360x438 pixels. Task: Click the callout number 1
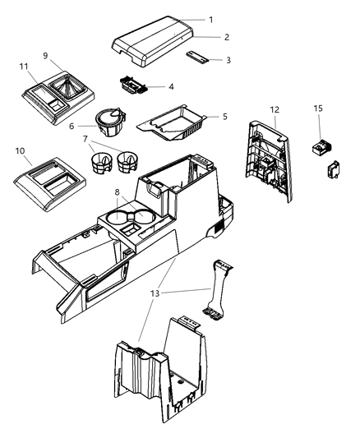210,19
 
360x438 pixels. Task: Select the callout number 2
226,38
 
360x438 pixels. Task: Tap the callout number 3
228,59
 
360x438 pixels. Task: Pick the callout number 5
224,117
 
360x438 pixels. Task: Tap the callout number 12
274,109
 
